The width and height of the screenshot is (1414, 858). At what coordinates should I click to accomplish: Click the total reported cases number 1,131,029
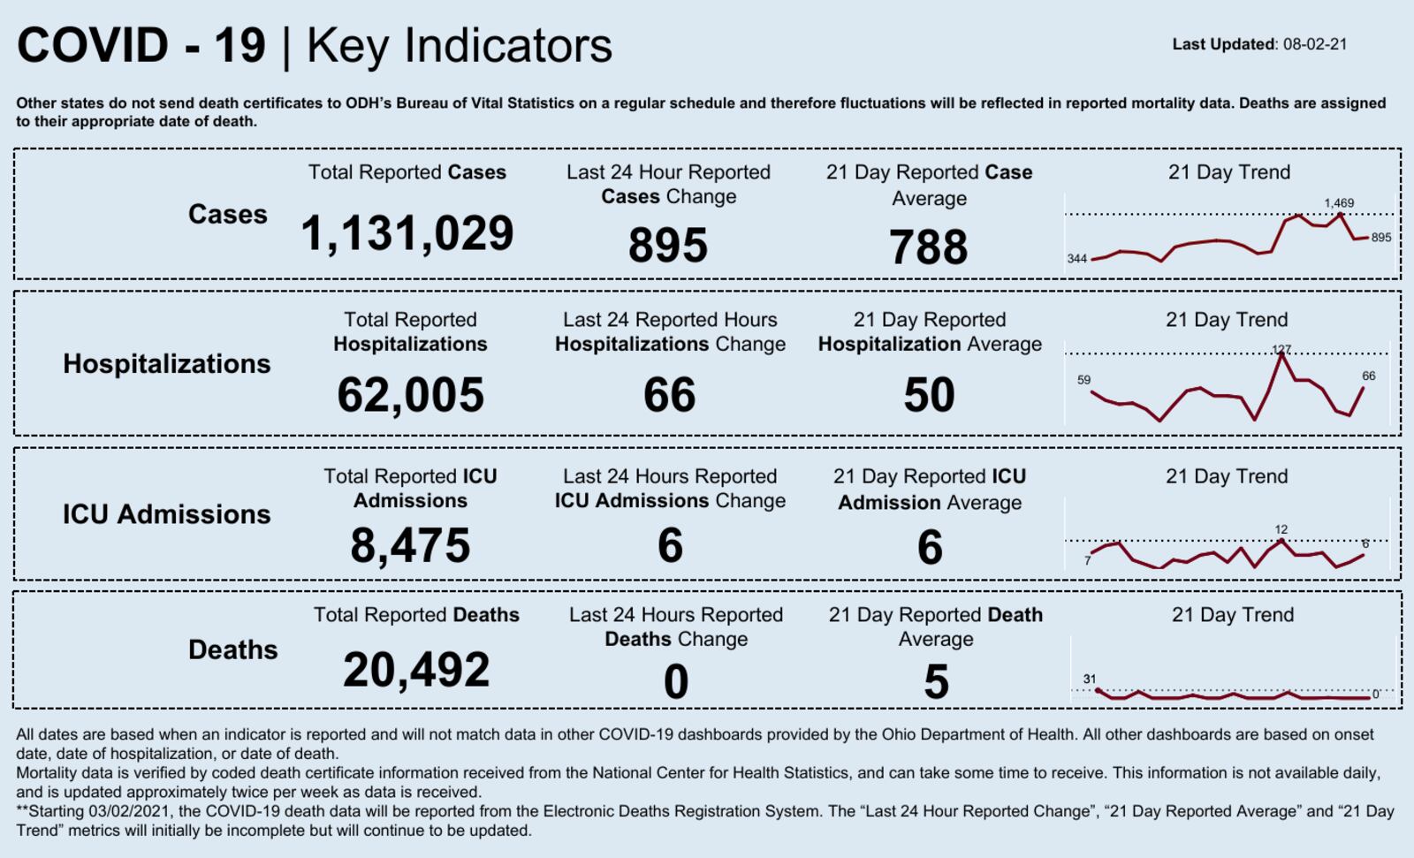point(407,234)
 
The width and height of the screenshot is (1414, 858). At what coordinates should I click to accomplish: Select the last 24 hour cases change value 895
point(668,245)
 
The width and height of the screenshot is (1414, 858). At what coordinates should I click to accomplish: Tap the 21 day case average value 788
point(929,247)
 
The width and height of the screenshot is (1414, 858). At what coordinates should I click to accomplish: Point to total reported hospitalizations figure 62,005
point(410,394)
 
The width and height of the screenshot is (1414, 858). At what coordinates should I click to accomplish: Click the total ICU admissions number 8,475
point(410,545)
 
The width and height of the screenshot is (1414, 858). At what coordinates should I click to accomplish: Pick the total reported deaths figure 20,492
point(416,669)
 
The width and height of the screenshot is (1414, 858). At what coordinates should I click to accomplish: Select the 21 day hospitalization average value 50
point(929,394)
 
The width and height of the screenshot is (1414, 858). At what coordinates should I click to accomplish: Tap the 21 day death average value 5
point(936,682)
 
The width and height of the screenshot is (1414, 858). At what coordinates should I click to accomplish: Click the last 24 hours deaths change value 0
point(676,682)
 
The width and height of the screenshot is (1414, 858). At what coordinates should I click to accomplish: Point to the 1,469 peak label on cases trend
point(1339,203)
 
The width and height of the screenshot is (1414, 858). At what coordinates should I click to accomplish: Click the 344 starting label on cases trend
point(1076,259)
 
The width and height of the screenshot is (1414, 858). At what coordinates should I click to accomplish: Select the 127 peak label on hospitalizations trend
point(1281,349)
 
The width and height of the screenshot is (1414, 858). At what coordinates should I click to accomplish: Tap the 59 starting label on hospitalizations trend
point(1083,380)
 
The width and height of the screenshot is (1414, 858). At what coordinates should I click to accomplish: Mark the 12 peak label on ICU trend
point(1281,529)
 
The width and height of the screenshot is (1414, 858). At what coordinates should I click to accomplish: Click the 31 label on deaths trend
point(1090,679)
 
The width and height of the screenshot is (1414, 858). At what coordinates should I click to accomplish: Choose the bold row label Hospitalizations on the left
point(166,363)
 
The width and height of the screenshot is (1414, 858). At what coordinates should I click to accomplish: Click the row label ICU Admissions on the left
point(166,514)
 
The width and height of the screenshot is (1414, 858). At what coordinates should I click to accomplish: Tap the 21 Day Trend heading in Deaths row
point(1232,615)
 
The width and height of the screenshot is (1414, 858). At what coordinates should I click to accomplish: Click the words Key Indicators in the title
point(459,46)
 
